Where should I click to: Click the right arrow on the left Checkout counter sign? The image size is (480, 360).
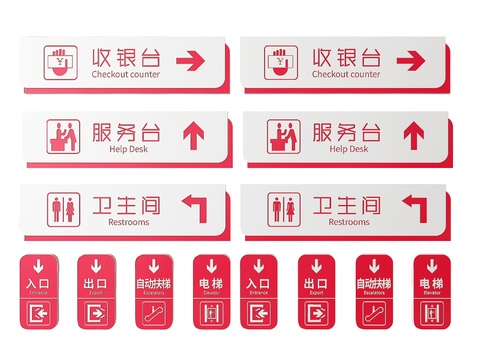(189, 62)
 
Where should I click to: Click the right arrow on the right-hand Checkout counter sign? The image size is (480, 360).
(411, 62)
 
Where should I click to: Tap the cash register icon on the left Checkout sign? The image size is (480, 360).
(61, 62)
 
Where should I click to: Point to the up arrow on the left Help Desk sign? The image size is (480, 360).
(192, 134)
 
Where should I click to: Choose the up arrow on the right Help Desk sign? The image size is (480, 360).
(412, 134)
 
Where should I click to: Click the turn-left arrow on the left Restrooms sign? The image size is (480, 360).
(194, 207)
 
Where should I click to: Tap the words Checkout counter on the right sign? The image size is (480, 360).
(346, 74)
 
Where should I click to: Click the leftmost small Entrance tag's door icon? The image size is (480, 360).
(36, 315)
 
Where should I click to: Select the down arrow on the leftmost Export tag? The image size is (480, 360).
(95, 267)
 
